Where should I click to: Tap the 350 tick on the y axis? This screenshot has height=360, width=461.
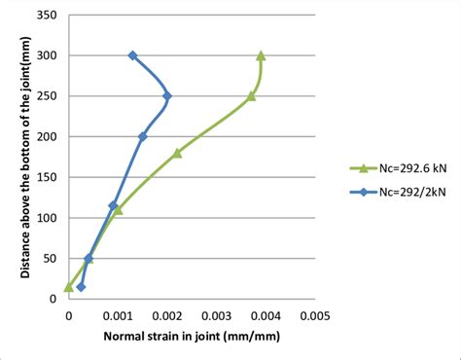(x=46, y=16)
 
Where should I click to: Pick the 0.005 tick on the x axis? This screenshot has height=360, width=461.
(x=314, y=315)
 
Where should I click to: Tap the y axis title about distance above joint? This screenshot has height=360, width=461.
(x=21, y=157)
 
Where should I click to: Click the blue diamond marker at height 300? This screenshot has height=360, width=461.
(x=132, y=56)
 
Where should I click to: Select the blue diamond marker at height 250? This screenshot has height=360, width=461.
(x=167, y=96)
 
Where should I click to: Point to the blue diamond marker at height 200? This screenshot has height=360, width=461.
(x=142, y=137)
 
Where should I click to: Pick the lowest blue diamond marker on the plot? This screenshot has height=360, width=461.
(x=81, y=287)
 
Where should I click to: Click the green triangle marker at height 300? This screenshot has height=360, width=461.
(x=261, y=55)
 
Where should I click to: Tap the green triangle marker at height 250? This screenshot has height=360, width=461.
(x=251, y=95)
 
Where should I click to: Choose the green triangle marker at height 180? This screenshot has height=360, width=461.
(x=177, y=153)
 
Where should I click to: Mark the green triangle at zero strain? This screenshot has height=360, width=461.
(x=68, y=286)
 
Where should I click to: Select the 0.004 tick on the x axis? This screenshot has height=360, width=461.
(x=265, y=315)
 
